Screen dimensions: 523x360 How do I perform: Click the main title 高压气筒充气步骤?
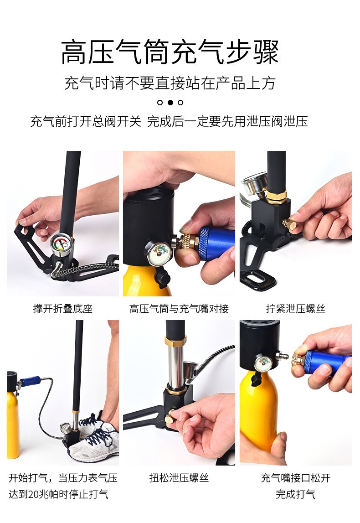(x=170, y=52)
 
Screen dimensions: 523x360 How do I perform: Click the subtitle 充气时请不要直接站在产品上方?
(x=170, y=83)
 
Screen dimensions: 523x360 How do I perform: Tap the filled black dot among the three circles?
(x=170, y=103)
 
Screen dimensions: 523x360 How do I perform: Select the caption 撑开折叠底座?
(x=62, y=309)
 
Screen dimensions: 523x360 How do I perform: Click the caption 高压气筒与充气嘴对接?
(x=179, y=309)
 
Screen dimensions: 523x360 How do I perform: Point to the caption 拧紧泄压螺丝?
(x=296, y=309)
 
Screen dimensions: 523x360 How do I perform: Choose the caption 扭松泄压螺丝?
(x=179, y=478)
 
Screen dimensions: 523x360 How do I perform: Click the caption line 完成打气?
(x=295, y=494)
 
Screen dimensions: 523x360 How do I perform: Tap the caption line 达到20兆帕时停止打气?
(x=58, y=494)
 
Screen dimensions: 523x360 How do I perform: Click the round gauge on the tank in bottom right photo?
(x=263, y=363)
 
